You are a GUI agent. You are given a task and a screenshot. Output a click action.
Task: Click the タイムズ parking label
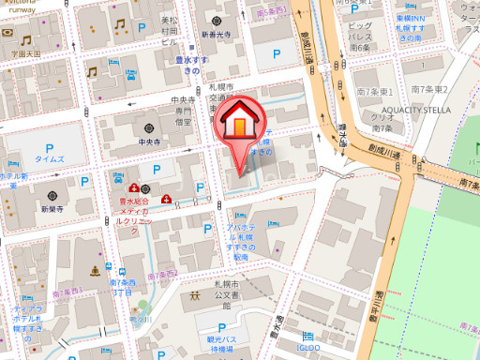click(49, 159)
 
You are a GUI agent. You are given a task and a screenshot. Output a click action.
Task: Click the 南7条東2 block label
click(430, 89)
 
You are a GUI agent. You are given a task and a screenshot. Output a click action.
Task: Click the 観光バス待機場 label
click(221, 343)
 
